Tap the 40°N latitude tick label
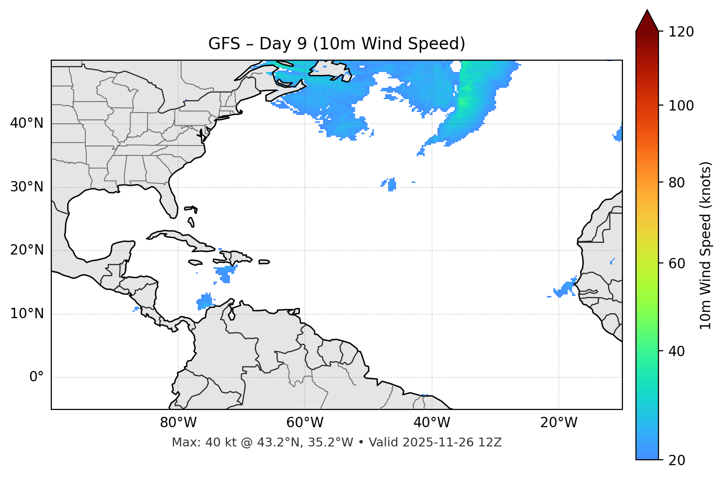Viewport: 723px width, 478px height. (27, 123)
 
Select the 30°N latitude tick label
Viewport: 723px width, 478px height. (27, 187)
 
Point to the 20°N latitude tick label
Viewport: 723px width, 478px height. (27, 250)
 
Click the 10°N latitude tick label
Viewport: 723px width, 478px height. (27, 314)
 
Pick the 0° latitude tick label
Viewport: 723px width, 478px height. (36, 377)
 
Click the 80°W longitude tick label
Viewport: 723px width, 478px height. (178, 423)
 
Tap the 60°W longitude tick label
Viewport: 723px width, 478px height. (305, 423)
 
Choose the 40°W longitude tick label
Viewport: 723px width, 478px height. (432, 423)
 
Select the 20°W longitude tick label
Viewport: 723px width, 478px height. (558, 423)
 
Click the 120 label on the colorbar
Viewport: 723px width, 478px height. (681, 32)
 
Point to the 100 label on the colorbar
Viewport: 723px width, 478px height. (681, 106)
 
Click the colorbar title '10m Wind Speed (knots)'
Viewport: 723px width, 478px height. (706, 246)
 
